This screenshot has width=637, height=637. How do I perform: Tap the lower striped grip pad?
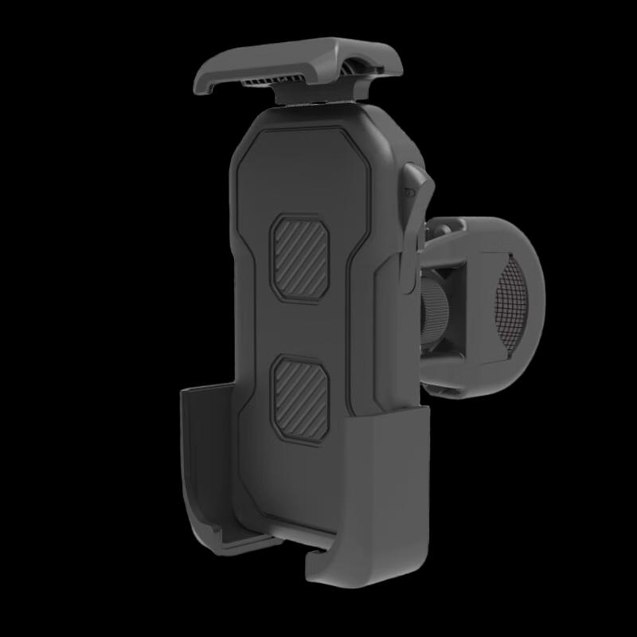tap(300, 398)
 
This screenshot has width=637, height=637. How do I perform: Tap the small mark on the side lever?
tap(408, 192)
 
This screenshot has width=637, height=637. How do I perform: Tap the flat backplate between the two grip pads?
tap(301, 328)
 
